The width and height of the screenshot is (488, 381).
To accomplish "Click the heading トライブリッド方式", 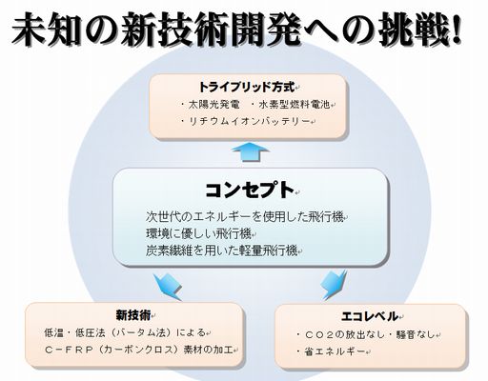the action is coord(247,87).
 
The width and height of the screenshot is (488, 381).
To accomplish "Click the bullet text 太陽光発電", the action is coord(213,105).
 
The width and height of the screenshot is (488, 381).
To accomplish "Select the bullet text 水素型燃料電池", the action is coord(295,105).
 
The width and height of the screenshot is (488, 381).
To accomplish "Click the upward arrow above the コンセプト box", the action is coord(251,151).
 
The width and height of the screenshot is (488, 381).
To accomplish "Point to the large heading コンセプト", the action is coord(250,190).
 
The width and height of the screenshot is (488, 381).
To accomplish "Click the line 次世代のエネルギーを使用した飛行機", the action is coord(245,217).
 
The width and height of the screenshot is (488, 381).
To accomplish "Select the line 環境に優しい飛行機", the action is coord(198,234).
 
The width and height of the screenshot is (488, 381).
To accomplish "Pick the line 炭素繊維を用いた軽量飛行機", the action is coord(222,251).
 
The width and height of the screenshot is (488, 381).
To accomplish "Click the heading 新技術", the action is coord(133,315).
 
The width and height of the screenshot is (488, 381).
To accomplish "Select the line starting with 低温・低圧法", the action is coord(125,332).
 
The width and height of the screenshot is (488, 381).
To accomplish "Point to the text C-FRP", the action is coord(69,350).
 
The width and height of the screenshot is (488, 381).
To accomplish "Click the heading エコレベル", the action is coord(370,316).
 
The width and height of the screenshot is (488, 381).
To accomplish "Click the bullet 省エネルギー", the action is coord(335,351).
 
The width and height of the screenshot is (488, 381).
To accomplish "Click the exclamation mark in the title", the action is coord(456,30).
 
